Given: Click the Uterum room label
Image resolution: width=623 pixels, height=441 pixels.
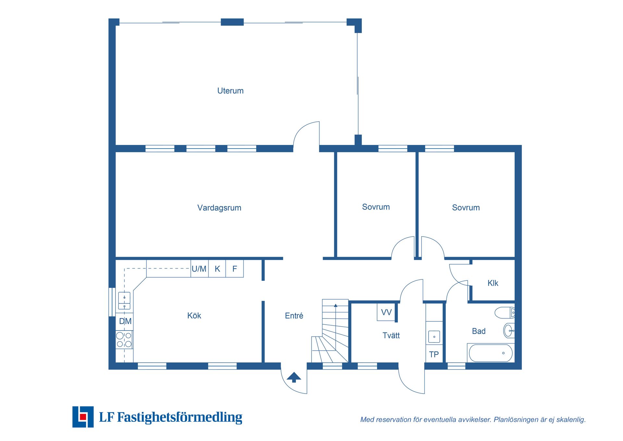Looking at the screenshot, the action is pyautogui.click(x=230, y=91).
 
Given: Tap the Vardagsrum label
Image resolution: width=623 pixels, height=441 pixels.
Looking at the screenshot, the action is pyautogui.click(x=219, y=208).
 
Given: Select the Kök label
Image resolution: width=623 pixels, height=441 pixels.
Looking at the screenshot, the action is pyautogui.click(x=194, y=316).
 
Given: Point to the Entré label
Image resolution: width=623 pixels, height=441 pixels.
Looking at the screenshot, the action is pyautogui.click(x=294, y=316).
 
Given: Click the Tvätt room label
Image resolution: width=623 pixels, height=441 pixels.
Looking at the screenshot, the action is pyautogui.click(x=391, y=335).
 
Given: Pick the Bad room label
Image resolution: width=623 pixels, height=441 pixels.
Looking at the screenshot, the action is pyautogui.click(x=479, y=331).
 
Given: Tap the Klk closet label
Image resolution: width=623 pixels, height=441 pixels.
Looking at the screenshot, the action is pyautogui.click(x=493, y=283).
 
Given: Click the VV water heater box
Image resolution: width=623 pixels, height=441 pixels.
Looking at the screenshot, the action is pyautogui.click(x=386, y=312).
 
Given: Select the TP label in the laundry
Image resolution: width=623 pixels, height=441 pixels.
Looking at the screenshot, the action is pyautogui.click(x=434, y=354).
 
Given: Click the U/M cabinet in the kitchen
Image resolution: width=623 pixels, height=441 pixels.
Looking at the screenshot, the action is pyautogui.click(x=199, y=268).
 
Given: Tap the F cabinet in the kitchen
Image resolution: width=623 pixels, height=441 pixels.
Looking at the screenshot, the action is pyautogui.click(x=235, y=268).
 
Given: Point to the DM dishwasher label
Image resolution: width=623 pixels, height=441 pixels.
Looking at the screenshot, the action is pyautogui.click(x=125, y=321).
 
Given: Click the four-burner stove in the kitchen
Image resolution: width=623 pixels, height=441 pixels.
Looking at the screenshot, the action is pyautogui.click(x=124, y=340).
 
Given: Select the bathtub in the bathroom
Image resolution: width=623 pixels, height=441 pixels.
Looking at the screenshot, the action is pyautogui.click(x=491, y=353).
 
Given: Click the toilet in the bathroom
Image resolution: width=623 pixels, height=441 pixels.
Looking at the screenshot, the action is pyautogui.click(x=504, y=313).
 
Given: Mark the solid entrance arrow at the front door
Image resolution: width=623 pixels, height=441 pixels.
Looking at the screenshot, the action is pyautogui.click(x=294, y=377).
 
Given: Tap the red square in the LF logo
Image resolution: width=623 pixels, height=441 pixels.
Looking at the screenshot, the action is pyautogui.click(x=83, y=417).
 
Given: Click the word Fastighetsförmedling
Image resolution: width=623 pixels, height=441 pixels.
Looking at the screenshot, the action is pyautogui.click(x=179, y=417).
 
